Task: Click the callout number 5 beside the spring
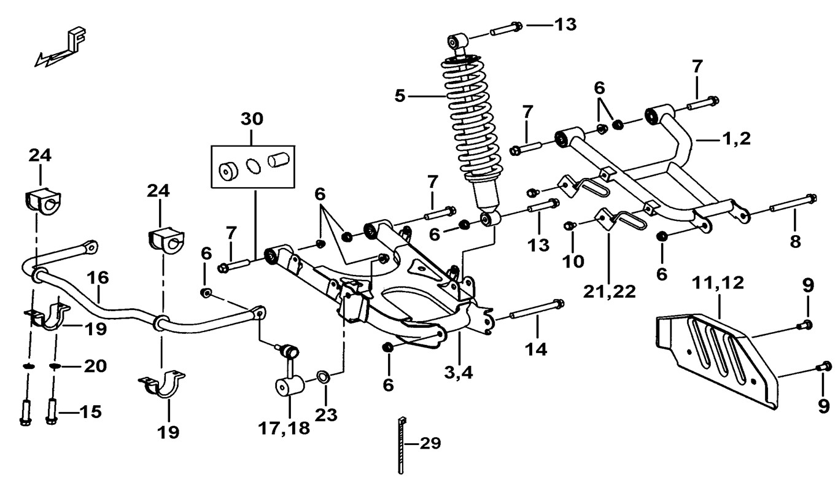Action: click(400, 96)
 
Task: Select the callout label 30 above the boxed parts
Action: click(252, 119)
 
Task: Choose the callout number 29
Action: click(430, 443)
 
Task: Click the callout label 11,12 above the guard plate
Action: click(718, 283)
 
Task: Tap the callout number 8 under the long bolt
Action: click(795, 241)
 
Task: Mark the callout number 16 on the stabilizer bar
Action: click(98, 277)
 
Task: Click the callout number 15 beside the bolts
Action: click(90, 411)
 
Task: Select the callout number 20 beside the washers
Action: click(95, 366)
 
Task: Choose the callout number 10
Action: click(573, 261)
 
